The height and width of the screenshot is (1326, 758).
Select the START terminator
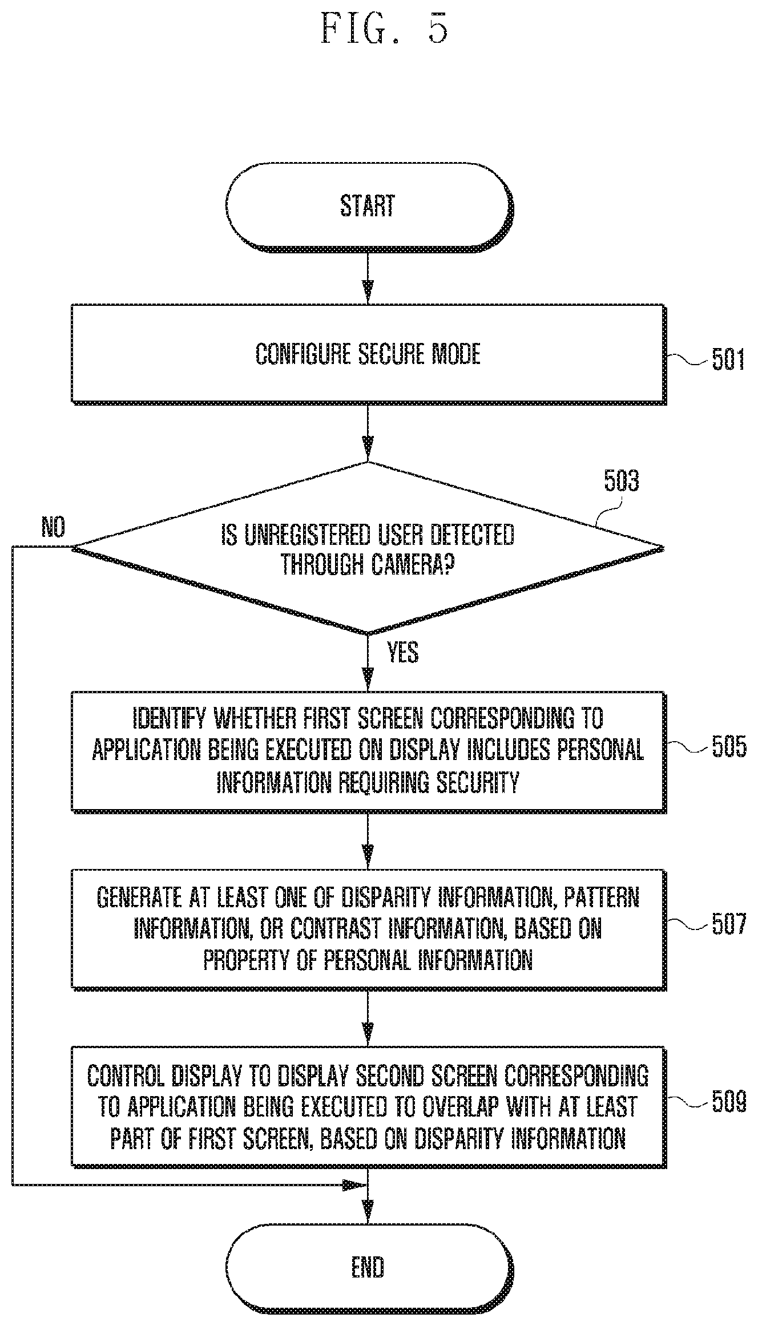click(x=369, y=207)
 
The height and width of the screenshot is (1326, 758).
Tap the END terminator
click(x=369, y=1268)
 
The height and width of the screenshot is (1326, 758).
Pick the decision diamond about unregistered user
click(x=369, y=548)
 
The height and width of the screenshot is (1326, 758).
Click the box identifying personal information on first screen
click(x=369, y=751)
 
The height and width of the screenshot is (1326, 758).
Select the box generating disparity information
click(x=369, y=929)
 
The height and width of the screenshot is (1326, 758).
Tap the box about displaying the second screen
click(x=369, y=1107)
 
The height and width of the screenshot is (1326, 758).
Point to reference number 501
click(x=728, y=360)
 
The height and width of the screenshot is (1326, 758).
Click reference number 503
click(x=622, y=481)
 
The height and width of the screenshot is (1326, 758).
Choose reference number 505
click(x=729, y=746)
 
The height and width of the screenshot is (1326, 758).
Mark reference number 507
click(x=729, y=924)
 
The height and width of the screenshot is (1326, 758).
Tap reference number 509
click(x=729, y=1102)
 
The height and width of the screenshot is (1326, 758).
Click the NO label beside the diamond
click(x=53, y=527)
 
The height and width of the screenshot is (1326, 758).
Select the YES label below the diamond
click(x=403, y=652)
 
